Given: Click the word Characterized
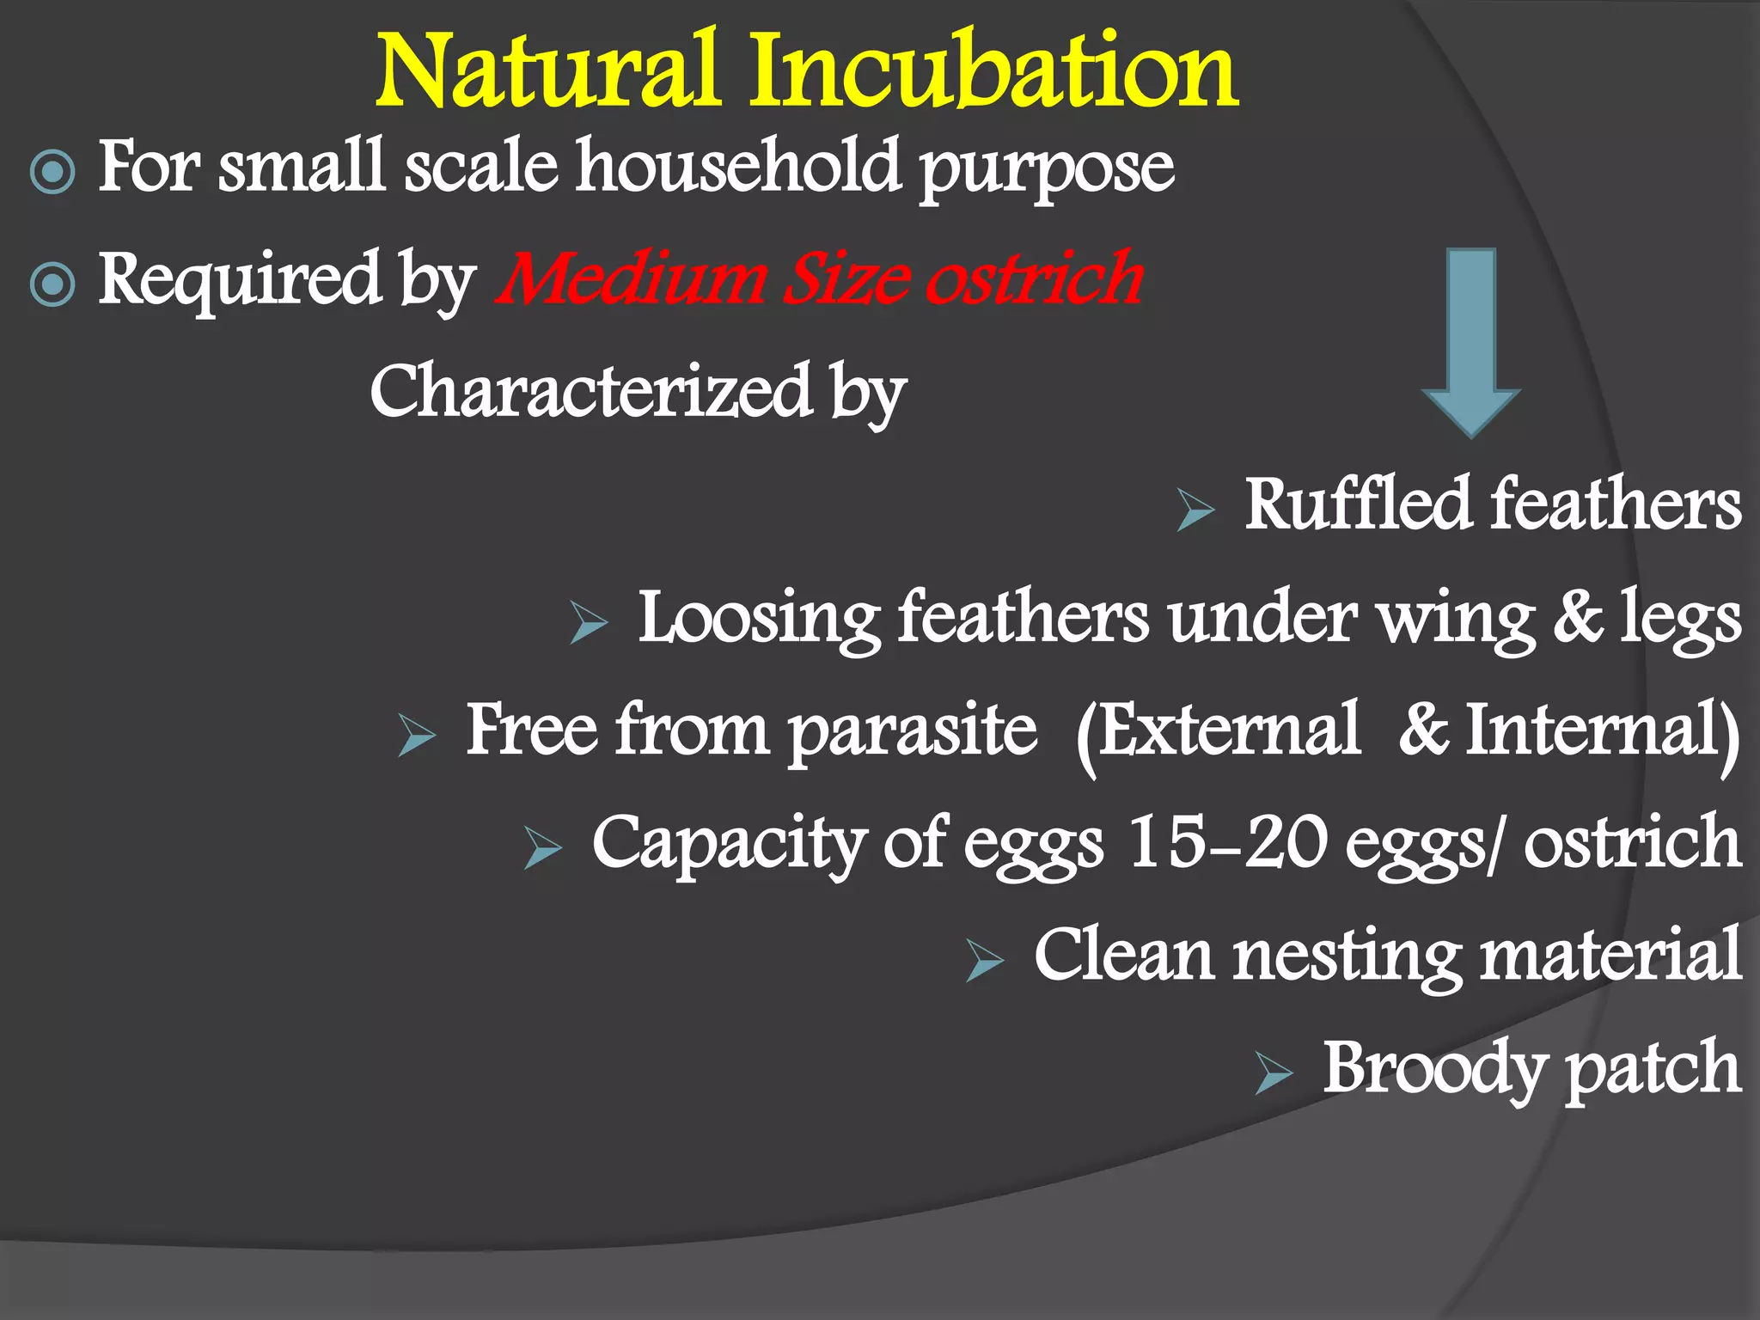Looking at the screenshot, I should (x=591, y=391).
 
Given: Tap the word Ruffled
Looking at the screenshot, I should (x=1359, y=504).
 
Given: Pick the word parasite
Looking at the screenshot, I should (x=913, y=731).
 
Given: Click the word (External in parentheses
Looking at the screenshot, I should (x=1219, y=731).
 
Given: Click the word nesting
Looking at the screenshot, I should (x=1347, y=956).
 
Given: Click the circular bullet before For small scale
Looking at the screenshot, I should (x=52, y=171).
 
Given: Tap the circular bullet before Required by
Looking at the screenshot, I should (x=52, y=284).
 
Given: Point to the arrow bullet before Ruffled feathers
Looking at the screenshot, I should (x=1195, y=510).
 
